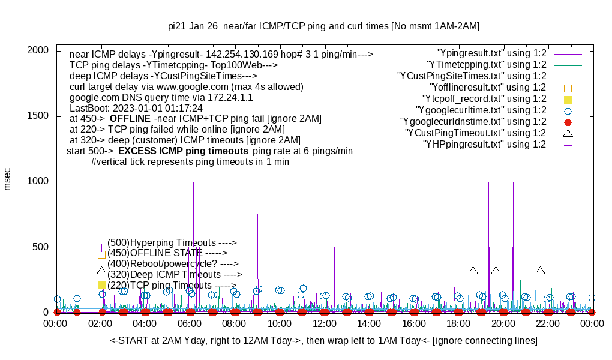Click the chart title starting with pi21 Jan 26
(323, 26)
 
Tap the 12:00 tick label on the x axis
(324, 324)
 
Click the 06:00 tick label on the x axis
(190, 324)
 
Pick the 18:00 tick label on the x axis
(458, 324)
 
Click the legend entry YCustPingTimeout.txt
(475, 133)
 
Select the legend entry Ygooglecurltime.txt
(481, 110)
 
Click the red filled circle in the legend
(568, 122)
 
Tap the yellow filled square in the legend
(568, 99)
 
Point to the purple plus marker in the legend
(568, 145)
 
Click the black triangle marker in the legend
(568, 133)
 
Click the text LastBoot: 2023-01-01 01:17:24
(136, 109)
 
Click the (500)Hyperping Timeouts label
(172, 242)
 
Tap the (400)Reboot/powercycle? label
(173, 263)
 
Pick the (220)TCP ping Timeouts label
(172, 286)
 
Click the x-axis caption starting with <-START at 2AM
(323, 340)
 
